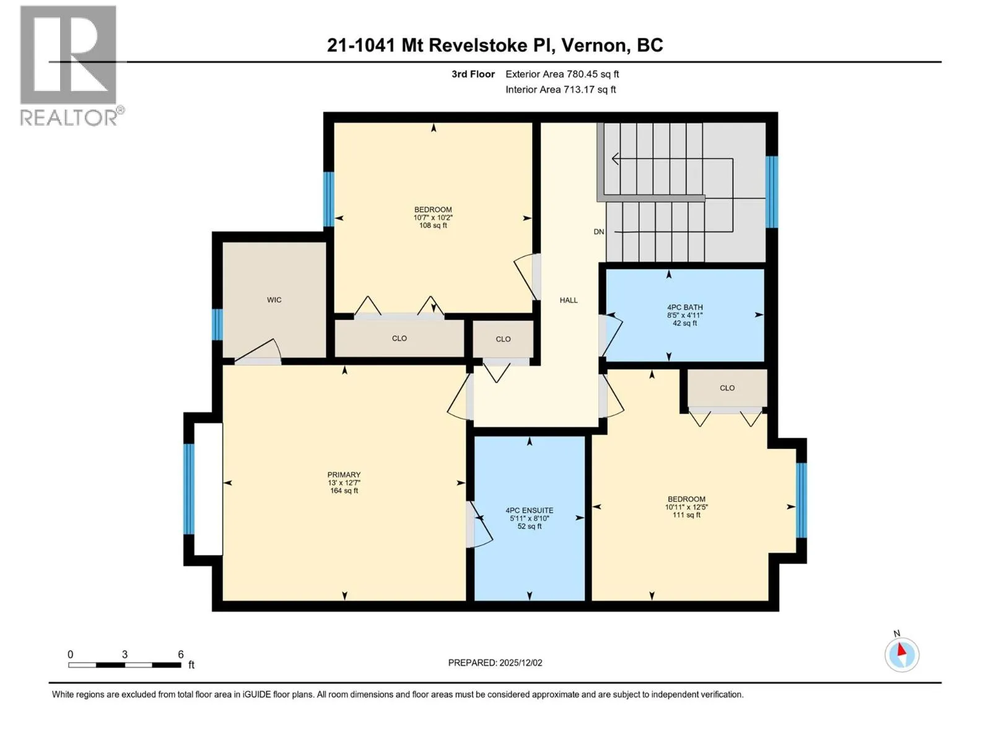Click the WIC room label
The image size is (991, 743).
pyautogui.click(x=274, y=300)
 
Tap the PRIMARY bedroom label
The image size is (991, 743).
pyautogui.click(x=344, y=474)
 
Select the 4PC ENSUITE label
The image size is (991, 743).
pyautogui.click(x=529, y=510)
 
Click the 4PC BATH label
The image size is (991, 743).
pyautogui.click(x=684, y=307)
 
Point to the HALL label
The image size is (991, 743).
pyautogui.click(x=568, y=300)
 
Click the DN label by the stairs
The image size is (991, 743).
pyautogui.click(x=598, y=232)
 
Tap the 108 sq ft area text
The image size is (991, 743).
pyautogui.click(x=432, y=225)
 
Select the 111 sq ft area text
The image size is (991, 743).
pyautogui.click(x=686, y=515)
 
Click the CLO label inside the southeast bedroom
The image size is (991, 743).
pyautogui.click(x=727, y=388)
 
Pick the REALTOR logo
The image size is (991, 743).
pyautogui.click(x=70, y=66)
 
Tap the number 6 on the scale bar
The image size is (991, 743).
pyautogui.click(x=180, y=654)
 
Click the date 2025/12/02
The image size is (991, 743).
pyautogui.click(x=520, y=663)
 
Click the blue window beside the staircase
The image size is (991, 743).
pyautogui.click(x=771, y=192)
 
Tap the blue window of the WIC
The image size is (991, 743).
pyautogui.click(x=217, y=324)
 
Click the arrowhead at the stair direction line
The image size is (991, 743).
pyautogui.click(x=615, y=159)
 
